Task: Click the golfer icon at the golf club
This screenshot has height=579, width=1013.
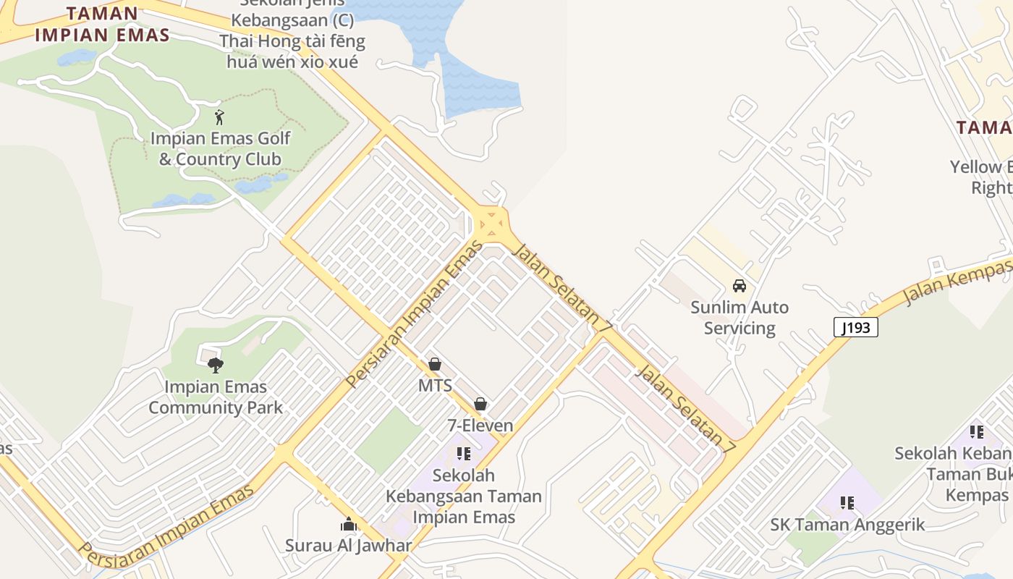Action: tap(219, 117)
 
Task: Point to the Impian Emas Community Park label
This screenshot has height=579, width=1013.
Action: tap(216, 397)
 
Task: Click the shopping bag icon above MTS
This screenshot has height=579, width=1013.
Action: tap(435, 364)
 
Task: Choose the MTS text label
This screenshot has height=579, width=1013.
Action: tap(435, 385)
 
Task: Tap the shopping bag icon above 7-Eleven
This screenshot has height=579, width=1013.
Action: tap(480, 404)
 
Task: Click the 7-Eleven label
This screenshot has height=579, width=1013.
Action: tap(480, 426)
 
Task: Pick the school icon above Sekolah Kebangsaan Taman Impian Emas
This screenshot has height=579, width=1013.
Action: tap(464, 454)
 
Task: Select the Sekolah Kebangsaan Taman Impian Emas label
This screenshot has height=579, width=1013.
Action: tap(464, 496)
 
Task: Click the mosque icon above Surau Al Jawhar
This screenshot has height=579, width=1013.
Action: tap(349, 524)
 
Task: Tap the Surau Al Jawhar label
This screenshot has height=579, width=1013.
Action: tap(349, 546)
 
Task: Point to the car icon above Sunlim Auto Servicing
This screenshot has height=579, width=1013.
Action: tap(739, 286)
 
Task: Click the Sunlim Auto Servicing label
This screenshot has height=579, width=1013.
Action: tap(739, 318)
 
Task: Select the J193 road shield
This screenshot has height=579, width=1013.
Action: tap(856, 328)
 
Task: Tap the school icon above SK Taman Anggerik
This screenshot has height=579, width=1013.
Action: tap(847, 503)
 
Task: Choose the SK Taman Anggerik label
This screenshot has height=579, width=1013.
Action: tap(847, 525)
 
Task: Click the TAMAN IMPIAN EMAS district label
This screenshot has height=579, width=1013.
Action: tap(102, 24)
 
